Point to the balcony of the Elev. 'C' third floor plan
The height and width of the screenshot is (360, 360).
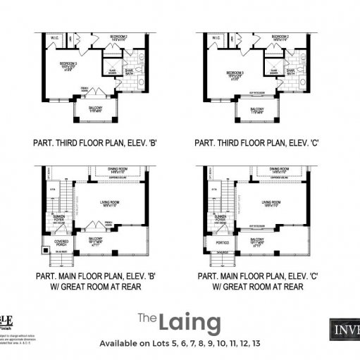click(x=256, y=111)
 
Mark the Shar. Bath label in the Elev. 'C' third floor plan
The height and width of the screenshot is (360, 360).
click(x=290, y=70)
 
